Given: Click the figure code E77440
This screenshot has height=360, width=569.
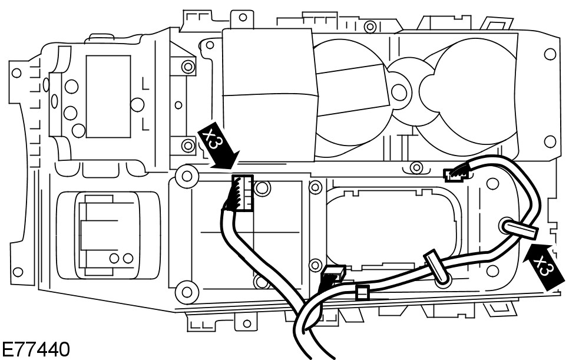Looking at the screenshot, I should (x=35, y=349).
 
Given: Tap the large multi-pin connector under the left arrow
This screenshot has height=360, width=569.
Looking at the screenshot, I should (x=242, y=193).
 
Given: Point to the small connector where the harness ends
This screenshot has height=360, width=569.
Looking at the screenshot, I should (x=455, y=174).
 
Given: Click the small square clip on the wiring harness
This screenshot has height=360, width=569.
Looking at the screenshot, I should (x=362, y=292).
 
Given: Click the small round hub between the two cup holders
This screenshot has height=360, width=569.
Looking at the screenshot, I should (x=399, y=91).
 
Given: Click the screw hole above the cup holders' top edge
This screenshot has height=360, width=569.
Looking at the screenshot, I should (x=370, y=27).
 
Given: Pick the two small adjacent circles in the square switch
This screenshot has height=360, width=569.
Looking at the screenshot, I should (x=120, y=258).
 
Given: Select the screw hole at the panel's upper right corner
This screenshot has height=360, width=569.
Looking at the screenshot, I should (x=550, y=54).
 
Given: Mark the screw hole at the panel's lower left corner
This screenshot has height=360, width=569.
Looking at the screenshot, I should (x=17, y=272).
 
